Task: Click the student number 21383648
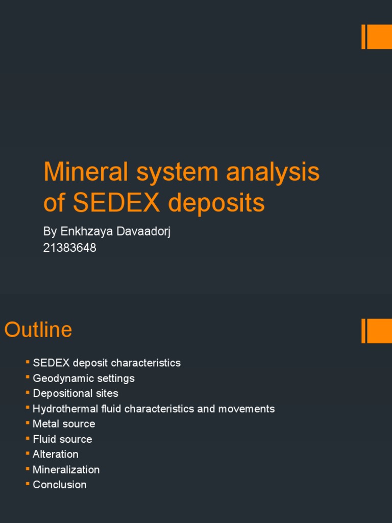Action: tap(70, 248)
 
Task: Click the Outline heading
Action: tap(38, 330)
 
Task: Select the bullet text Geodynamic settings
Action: tap(84, 378)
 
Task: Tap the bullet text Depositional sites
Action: tap(76, 394)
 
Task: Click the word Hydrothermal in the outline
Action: tap(65, 409)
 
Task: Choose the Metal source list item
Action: tap(64, 424)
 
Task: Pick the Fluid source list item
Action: tap(62, 439)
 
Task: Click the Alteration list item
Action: tap(56, 455)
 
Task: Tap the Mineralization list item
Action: tap(66, 470)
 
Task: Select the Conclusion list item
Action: tap(60, 485)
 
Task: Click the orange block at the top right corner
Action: tap(377, 37)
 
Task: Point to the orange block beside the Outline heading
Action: tap(377, 331)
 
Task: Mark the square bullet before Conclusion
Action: tap(28, 484)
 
